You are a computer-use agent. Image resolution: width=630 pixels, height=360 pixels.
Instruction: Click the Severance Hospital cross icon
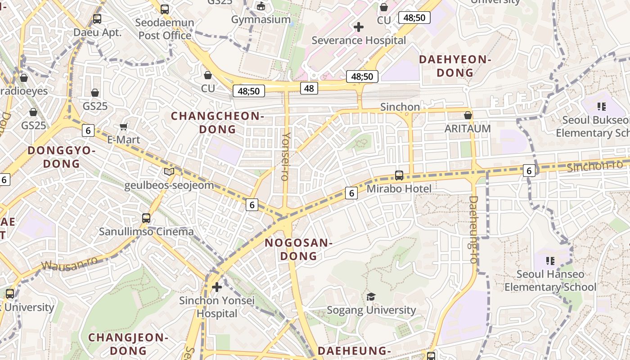[x=359, y=27]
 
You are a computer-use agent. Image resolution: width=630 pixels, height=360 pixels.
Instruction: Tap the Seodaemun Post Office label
[x=166, y=29]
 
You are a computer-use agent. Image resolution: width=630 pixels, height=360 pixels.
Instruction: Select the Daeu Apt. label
[x=98, y=32]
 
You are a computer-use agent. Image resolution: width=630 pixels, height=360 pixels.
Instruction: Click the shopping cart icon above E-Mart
[x=124, y=128]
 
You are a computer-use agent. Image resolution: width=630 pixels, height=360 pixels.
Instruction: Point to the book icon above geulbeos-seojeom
[x=169, y=171]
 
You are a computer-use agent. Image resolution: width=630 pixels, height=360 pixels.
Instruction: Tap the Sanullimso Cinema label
[x=146, y=232]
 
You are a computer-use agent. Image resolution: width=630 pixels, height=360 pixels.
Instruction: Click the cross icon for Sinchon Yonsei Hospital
[x=217, y=287]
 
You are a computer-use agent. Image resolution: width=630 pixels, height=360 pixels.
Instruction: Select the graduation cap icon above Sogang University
[x=371, y=297]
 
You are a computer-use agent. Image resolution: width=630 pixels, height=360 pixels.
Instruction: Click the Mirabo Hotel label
[x=399, y=189]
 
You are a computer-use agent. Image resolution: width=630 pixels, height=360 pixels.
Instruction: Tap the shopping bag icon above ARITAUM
[x=468, y=116]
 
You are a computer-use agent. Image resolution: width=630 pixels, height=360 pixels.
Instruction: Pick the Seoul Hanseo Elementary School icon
[x=550, y=261]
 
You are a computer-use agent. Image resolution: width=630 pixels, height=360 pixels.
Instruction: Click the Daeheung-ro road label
[x=473, y=229]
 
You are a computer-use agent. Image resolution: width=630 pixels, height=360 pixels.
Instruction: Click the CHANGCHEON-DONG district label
[x=217, y=123]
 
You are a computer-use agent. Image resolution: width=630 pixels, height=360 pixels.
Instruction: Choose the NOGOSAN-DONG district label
[x=298, y=249]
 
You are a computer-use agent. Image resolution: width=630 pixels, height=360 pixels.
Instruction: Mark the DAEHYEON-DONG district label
[x=455, y=66]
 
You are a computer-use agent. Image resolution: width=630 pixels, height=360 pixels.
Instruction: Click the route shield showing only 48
[x=309, y=88]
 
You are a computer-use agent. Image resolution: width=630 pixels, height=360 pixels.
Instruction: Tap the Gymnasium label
[x=261, y=20]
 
